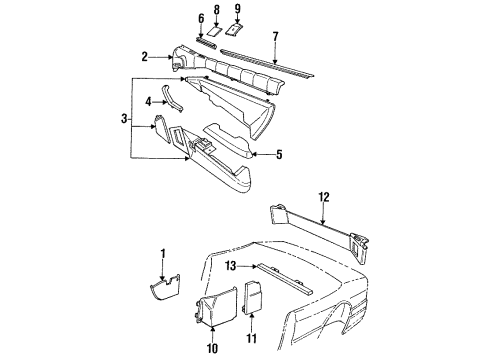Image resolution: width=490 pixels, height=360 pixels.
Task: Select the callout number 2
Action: (144, 58)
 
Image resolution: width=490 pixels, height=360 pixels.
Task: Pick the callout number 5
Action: (279, 155)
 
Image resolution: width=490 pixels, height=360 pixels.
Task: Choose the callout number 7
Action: (275, 36)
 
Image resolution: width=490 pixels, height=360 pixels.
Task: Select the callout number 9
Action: (238, 9)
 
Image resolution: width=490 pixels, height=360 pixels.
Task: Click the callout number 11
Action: (251, 347)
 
